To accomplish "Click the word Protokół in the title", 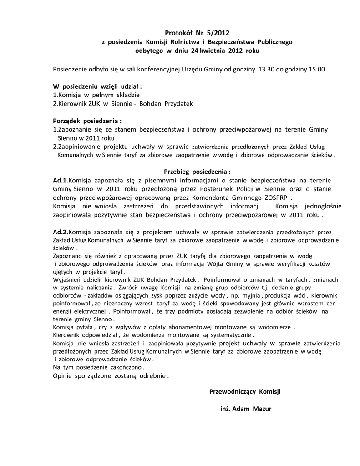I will click(x=177, y=32).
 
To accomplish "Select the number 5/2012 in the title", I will click(x=214, y=32).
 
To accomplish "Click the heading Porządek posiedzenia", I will click(x=87, y=122).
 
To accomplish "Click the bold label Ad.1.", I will click(x=61, y=180).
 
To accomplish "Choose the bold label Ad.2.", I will click(x=61, y=232).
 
